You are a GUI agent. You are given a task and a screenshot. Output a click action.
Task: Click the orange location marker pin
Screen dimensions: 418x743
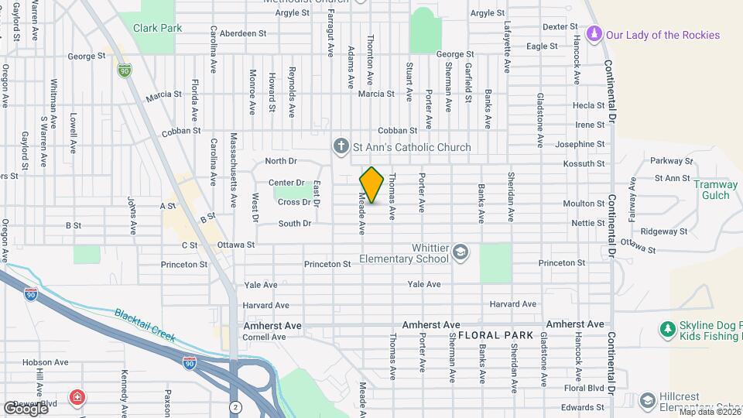click(371, 185)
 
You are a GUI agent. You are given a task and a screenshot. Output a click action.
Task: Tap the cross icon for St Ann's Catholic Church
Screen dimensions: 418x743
click(340, 146)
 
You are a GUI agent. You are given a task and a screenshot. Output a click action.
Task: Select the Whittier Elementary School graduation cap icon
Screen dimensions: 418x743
click(461, 252)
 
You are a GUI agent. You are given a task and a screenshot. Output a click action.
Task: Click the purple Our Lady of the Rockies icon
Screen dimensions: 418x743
click(594, 35)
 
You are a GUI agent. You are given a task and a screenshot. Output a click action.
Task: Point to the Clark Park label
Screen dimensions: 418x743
click(156, 28)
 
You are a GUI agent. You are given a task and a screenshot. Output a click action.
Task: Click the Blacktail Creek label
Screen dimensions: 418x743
click(145, 325)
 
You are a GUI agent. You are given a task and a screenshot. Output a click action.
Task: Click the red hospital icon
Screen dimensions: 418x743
click(77, 399)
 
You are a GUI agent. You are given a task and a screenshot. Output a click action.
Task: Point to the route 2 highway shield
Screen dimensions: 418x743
click(234, 406)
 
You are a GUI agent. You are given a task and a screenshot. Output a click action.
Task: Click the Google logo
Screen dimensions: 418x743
click(26, 407)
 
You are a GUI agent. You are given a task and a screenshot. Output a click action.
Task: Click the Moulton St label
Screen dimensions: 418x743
click(588, 204)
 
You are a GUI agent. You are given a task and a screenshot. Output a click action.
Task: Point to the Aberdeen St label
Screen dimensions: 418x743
click(243, 34)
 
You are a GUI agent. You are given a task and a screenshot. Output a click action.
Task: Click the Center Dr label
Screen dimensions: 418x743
click(286, 183)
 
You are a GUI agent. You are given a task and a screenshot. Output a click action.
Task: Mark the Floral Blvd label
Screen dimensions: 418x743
click(584, 387)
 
